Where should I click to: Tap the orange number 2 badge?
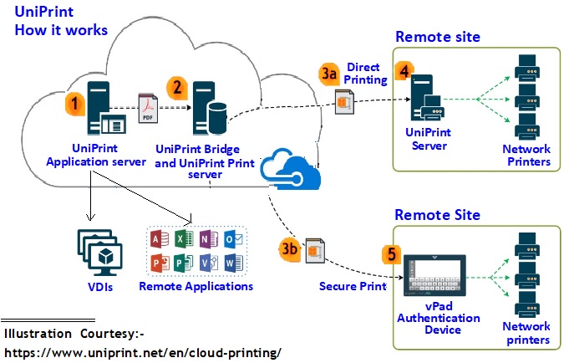tap(176, 86)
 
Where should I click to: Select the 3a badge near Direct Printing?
tap(329, 74)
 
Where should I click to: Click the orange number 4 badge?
tap(404, 70)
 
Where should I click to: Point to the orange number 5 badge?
tap(389, 253)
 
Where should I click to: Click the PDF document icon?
tap(148, 107)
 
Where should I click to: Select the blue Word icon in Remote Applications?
tap(234, 263)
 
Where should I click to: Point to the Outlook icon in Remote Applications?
tap(234, 239)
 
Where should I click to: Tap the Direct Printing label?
tap(364, 74)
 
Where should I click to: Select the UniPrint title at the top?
tap(44, 13)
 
